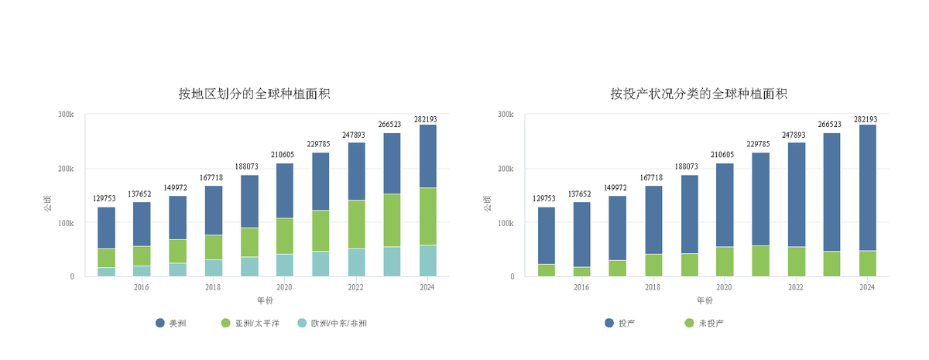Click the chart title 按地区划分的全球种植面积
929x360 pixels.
(255, 94)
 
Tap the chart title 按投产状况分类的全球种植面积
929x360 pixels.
(698, 94)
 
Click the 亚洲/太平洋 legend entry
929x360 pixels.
(251, 323)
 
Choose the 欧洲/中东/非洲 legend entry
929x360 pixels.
(333, 323)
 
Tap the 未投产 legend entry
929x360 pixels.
(705, 323)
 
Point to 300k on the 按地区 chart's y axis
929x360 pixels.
(66, 115)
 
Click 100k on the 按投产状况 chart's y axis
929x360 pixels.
(506, 223)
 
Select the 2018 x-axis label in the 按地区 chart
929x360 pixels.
(213, 288)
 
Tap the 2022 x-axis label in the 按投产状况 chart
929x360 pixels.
(796, 288)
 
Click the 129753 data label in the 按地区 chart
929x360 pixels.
(106, 199)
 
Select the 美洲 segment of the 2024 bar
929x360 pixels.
(427, 156)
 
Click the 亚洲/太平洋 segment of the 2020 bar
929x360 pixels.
(285, 236)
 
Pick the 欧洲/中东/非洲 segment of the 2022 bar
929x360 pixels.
(356, 262)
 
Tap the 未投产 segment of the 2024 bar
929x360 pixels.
(867, 263)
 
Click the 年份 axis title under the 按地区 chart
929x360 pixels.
(265, 300)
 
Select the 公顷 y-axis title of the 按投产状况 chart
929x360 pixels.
(488, 205)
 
